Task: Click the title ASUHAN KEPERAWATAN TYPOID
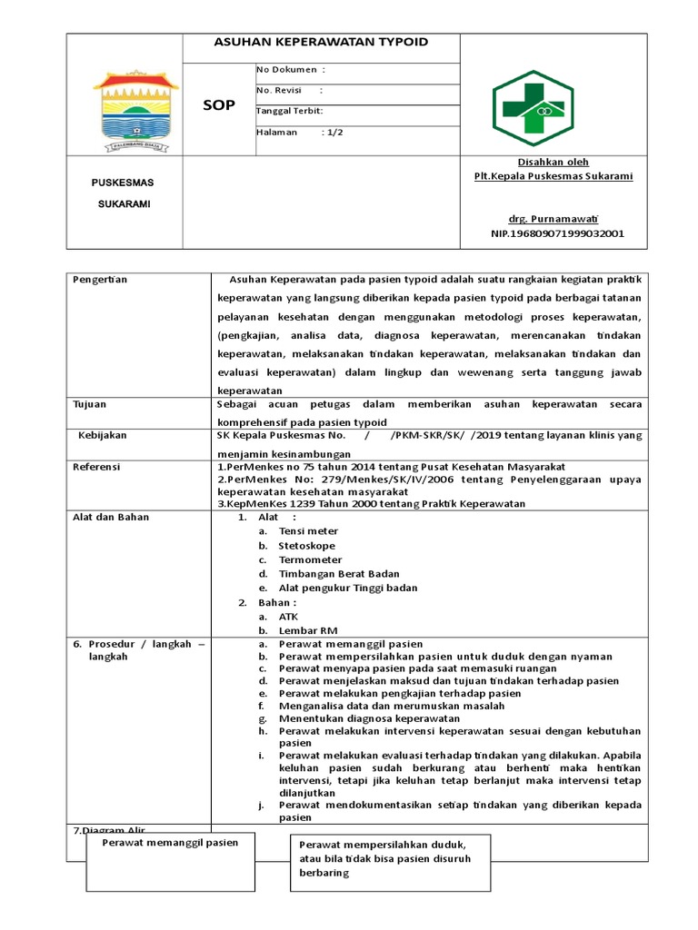(321, 43)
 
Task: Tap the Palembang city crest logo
(125, 109)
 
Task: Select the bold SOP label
(218, 105)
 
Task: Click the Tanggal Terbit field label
(289, 111)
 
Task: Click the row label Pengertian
(100, 279)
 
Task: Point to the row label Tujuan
(89, 403)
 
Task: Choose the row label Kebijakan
(102, 435)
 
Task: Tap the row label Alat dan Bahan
(110, 517)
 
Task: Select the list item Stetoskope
(306, 546)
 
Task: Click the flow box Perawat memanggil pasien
(170, 843)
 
